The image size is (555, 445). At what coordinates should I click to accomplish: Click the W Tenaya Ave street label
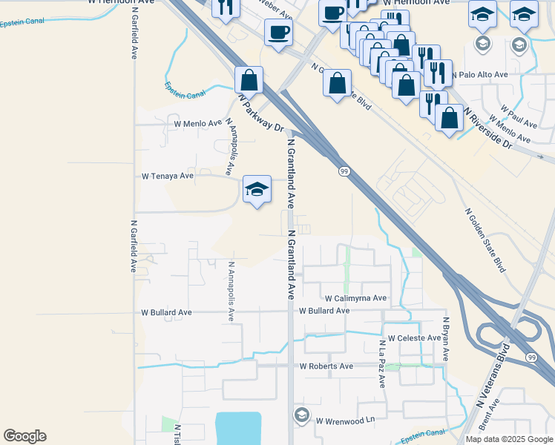coord(168,177)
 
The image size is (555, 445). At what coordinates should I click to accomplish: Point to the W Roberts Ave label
coord(326,366)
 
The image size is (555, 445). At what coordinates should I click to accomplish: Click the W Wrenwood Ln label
coord(347,421)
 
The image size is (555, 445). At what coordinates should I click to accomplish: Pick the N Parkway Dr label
coord(261,111)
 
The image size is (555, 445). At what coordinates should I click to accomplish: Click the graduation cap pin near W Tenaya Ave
coord(257,190)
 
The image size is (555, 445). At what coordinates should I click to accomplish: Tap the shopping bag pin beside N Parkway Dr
coord(249,80)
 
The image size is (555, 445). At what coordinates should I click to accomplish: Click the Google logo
coord(24,436)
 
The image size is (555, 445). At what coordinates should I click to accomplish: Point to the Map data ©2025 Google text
coord(508,439)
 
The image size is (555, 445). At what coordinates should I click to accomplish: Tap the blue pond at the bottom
coord(237,429)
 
